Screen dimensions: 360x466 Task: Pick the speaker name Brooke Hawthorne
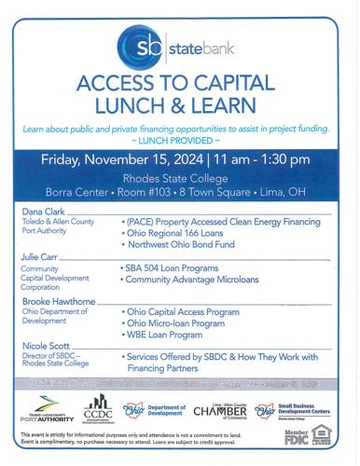tap(58, 302)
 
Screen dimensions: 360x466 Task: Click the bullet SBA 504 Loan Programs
tap(171, 267)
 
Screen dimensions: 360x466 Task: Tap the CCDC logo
tap(98, 412)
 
